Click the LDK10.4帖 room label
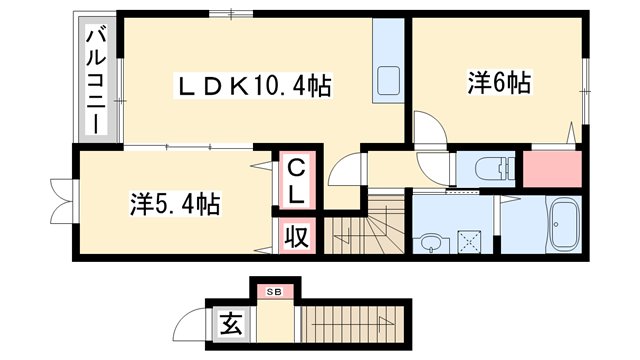point(254,87)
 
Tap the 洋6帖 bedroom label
point(497,82)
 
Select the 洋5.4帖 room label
point(174,205)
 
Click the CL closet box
point(297,179)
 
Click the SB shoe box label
point(275,291)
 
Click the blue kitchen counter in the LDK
point(386,62)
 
